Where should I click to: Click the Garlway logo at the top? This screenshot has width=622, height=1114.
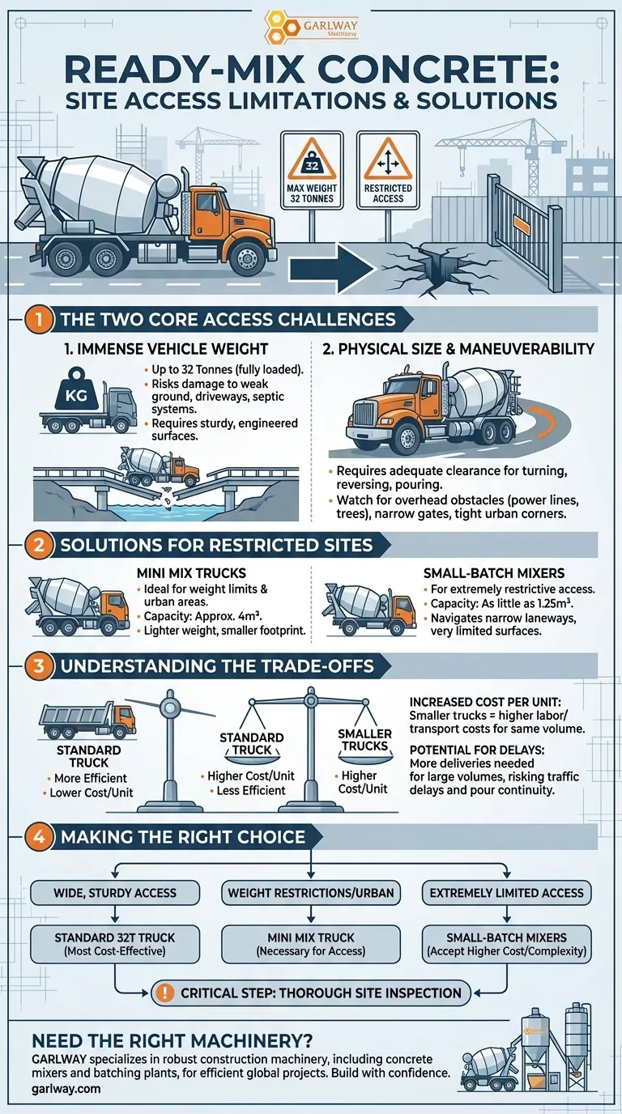click(x=311, y=26)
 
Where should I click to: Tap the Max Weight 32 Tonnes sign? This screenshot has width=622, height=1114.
click(x=312, y=170)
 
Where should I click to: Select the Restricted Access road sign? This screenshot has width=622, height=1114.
click(x=388, y=170)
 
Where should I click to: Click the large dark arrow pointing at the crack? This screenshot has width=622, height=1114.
click(x=331, y=269)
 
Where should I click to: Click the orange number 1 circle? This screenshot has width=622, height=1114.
click(x=38, y=319)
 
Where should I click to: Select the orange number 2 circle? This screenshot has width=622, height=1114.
click(x=38, y=545)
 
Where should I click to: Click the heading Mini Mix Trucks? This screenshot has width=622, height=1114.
click(x=192, y=573)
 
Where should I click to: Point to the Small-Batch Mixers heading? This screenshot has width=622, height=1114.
click(x=494, y=573)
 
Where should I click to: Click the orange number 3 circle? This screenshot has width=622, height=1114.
click(x=38, y=666)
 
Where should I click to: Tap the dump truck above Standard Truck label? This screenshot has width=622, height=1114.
click(x=87, y=720)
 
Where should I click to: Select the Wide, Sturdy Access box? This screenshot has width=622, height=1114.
click(x=115, y=893)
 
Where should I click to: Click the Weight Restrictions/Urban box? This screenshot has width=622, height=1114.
click(x=311, y=893)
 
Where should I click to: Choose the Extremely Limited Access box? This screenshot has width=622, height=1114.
click(x=506, y=893)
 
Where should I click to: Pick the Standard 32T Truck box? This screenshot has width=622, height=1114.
click(x=115, y=944)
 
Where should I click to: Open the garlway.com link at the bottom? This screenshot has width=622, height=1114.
click(x=66, y=1089)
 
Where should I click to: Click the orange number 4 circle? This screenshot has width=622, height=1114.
click(x=38, y=836)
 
